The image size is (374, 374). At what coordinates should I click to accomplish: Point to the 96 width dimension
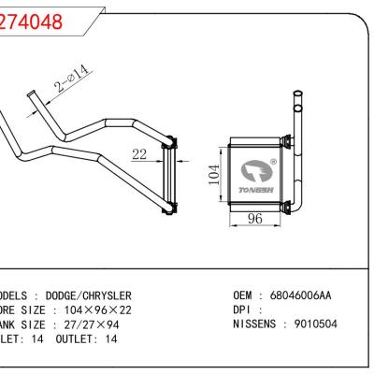(x=252, y=219)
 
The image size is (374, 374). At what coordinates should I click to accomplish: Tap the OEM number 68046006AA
(x=300, y=295)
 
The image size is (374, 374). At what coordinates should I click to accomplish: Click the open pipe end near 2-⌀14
(x=31, y=96)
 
